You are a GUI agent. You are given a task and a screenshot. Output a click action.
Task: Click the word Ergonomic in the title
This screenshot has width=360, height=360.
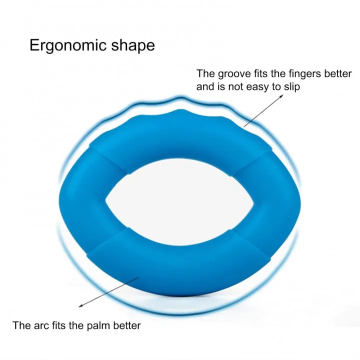68,45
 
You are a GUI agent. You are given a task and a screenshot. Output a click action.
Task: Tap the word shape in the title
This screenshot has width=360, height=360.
133,45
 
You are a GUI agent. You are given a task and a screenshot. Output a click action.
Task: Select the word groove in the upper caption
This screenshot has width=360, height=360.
234,74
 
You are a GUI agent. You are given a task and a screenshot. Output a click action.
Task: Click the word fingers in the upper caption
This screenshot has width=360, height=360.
305,73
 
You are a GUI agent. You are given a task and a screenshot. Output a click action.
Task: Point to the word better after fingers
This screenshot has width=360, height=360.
337,73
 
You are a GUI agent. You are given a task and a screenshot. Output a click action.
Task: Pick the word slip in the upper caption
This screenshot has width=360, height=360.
292,87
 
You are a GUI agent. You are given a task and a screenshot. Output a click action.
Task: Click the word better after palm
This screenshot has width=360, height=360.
126,325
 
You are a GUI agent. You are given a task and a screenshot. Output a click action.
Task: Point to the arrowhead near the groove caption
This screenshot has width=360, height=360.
281,96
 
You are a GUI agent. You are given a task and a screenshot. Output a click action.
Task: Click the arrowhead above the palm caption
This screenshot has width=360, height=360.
80,305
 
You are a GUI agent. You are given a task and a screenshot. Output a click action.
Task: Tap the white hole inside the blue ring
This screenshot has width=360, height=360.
179,202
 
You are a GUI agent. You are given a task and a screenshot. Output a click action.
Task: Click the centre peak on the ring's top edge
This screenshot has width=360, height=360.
181,109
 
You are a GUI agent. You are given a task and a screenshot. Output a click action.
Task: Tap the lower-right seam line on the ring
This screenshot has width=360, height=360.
250,244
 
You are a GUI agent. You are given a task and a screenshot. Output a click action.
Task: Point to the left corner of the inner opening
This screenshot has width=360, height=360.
106,200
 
